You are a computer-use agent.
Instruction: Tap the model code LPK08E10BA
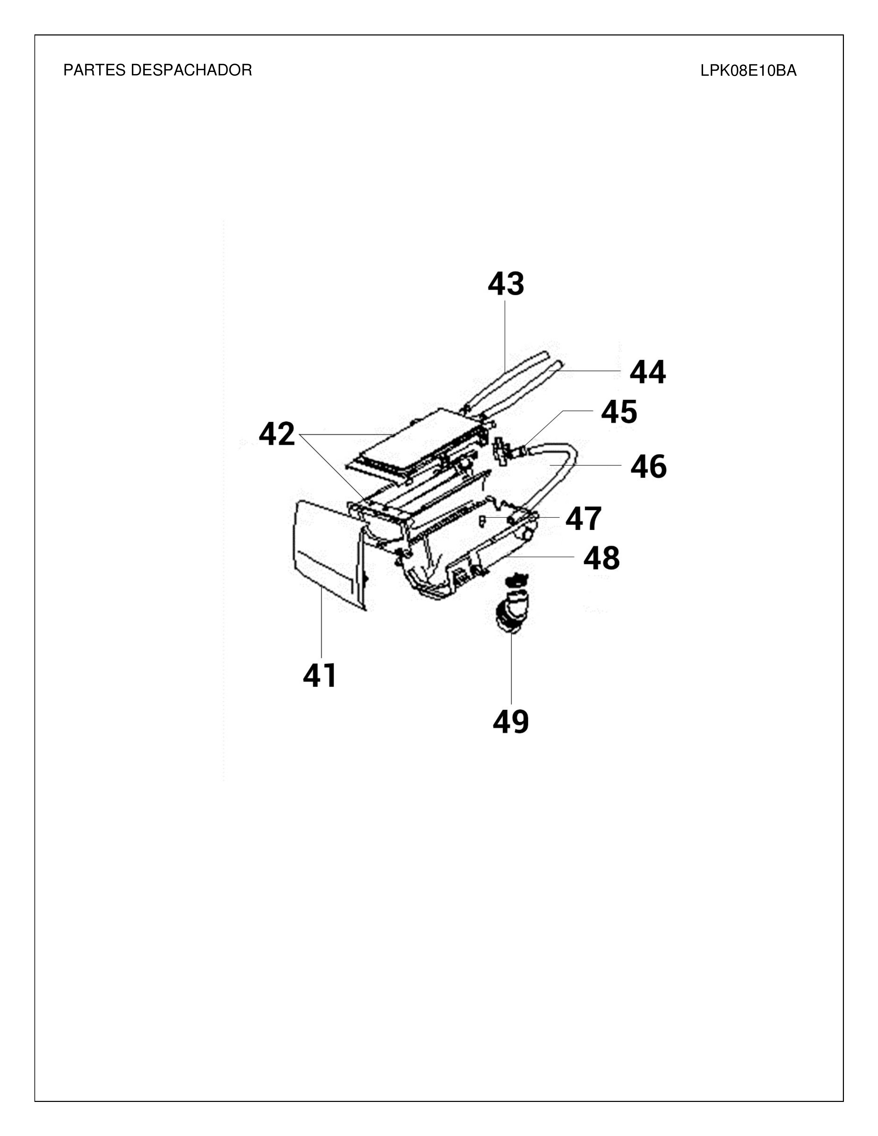(748, 71)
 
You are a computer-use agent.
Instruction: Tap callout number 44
(648, 372)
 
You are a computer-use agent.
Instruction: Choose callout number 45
(619, 412)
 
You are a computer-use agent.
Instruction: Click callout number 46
(648, 466)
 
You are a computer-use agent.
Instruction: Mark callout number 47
(583, 518)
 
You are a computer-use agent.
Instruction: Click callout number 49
(511, 722)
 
